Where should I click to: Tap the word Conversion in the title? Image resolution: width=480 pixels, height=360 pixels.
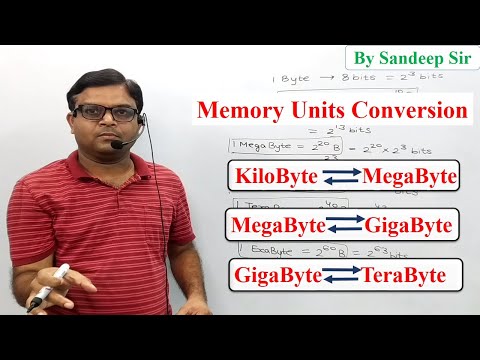click(412, 109)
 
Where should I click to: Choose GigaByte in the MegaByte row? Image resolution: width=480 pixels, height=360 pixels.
click(408, 225)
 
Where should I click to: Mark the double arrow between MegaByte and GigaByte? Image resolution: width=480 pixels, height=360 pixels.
click(343, 226)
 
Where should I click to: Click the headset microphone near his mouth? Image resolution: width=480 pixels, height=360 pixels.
click(118, 144)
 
